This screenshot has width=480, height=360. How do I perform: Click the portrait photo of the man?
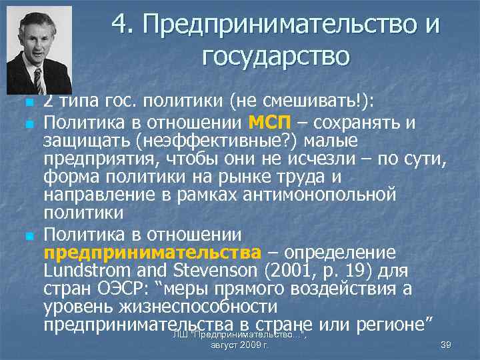click(x=39, y=51)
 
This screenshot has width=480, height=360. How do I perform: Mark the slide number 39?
click(x=447, y=345)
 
